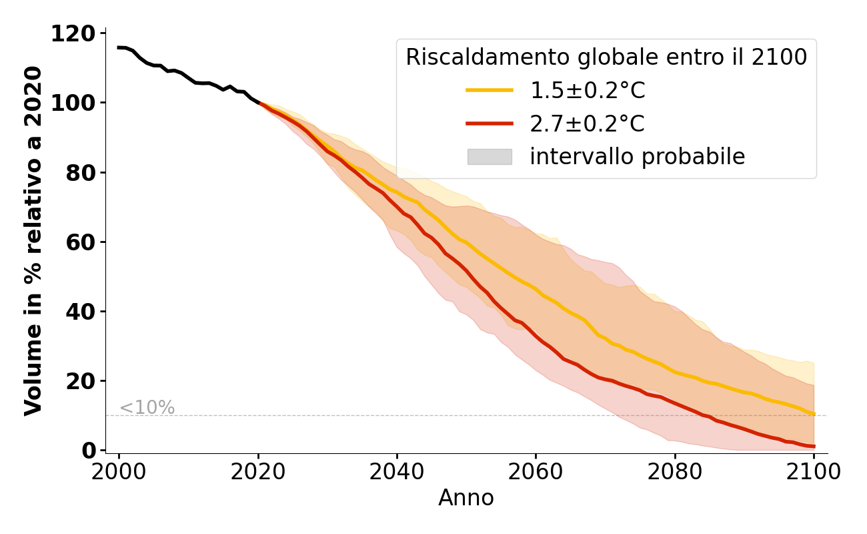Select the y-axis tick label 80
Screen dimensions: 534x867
coord(80,173)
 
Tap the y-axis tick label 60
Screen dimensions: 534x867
coord(80,242)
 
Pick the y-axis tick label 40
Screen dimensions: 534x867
coord(80,312)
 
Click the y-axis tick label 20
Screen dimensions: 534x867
coord(80,381)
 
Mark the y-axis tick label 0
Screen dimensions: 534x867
coord(88,451)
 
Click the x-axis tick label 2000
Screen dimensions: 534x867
coord(119,472)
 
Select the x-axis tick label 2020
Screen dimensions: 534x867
coord(258,472)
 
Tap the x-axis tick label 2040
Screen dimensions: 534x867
coord(397,472)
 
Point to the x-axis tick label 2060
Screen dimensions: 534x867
coord(536,472)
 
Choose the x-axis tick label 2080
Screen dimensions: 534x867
coord(675,472)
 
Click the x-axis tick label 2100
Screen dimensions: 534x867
coord(814,472)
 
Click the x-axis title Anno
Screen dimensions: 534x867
coord(466,498)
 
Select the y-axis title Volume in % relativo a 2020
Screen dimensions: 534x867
coord(33,241)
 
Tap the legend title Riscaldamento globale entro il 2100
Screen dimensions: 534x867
coord(606,57)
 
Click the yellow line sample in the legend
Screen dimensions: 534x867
coord(490,90)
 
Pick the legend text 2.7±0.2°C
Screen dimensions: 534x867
coord(587,123)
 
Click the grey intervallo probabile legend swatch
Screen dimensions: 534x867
coord(490,157)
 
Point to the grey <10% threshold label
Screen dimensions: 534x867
coord(147,408)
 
